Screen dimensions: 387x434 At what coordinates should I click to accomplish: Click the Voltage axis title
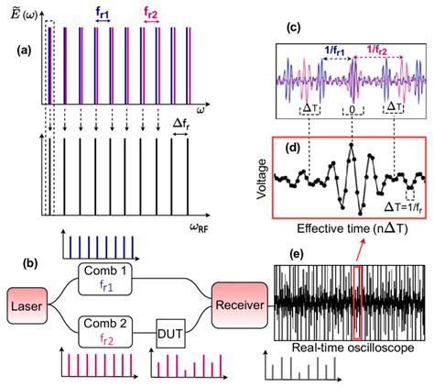pyautogui.click(x=266, y=182)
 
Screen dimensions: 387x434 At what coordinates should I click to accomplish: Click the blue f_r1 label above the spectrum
pyautogui.click(x=103, y=14)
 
